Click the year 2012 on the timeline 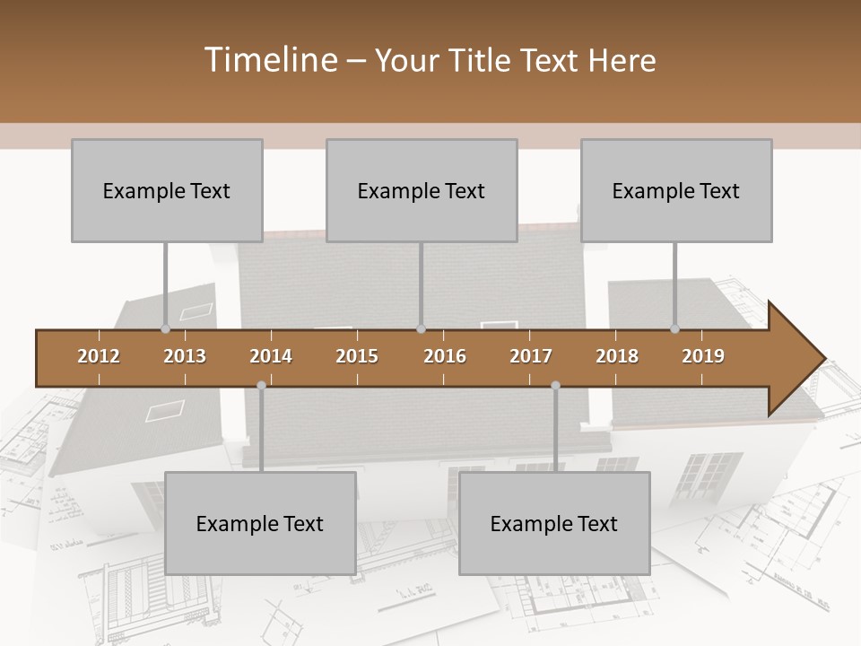pyautogui.click(x=99, y=356)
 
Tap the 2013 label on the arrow pyautogui.click(x=185, y=356)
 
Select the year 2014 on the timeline pyautogui.click(x=271, y=356)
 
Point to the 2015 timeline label pyautogui.click(x=357, y=356)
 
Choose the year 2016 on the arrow pyautogui.click(x=445, y=356)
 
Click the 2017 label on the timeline pyautogui.click(x=531, y=356)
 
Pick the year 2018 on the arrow pyautogui.click(x=617, y=356)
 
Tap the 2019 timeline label pyautogui.click(x=703, y=356)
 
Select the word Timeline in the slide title pyautogui.click(x=270, y=60)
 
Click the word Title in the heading pyautogui.click(x=487, y=60)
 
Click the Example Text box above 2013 pyautogui.click(x=167, y=190)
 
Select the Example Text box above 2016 pyautogui.click(x=422, y=190)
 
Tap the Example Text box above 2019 pyautogui.click(x=676, y=190)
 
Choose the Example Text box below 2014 pyautogui.click(x=260, y=523)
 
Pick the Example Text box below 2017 pyautogui.click(x=554, y=523)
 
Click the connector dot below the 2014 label pyautogui.click(x=261, y=385)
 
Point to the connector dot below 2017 pyautogui.click(x=555, y=385)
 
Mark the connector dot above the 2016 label pyautogui.click(x=421, y=329)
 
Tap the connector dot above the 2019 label pyautogui.click(x=674, y=329)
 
